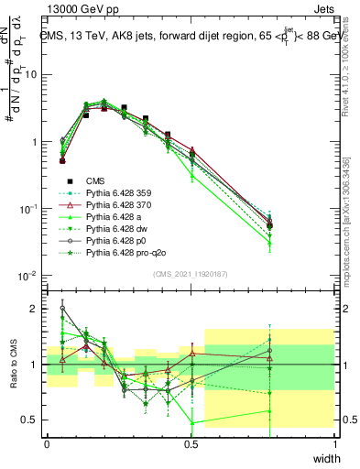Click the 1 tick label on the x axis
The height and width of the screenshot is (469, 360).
[335, 442]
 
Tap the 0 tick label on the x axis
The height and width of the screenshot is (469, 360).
[47, 442]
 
